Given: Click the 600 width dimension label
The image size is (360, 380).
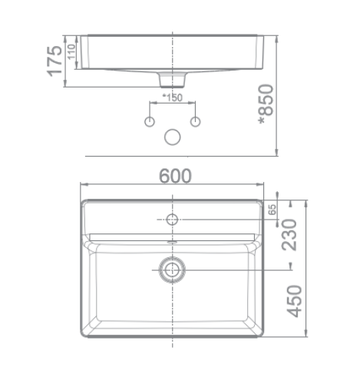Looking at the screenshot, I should tap(175, 175).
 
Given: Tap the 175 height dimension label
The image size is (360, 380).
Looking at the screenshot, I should tap(53, 61).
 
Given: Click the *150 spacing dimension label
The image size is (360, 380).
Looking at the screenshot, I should tap(173, 97).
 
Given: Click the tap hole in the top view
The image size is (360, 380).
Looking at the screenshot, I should tap(173, 220).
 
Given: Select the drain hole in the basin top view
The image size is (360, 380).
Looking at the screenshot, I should tap(173, 268).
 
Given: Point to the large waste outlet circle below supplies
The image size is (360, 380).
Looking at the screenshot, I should tap(173, 137).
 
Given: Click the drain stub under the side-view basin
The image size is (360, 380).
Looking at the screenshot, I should tap(173, 79).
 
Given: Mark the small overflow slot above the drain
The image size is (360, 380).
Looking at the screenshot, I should tap(173, 240).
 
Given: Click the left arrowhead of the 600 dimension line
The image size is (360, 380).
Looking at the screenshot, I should tap(84, 185).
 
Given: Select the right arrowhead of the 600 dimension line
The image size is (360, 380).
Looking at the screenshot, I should tap(261, 185).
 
